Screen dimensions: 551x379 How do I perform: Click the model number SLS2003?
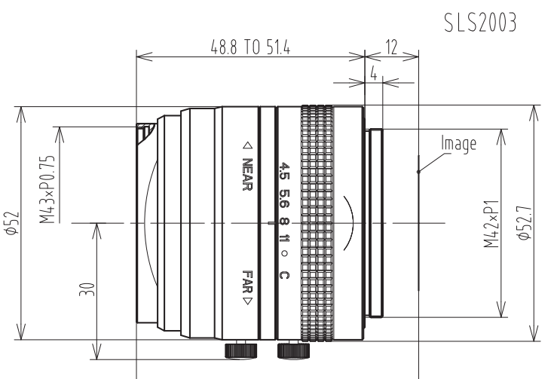[x=480, y=23]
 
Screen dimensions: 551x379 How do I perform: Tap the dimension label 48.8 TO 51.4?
[x=250, y=47]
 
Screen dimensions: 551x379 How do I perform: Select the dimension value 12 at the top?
[x=391, y=47]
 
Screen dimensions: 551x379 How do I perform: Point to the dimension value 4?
[x=374, y=74]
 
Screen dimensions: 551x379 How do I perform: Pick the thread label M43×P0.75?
[x=47, y=189]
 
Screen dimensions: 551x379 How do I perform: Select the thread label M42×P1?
[x=491, y=224]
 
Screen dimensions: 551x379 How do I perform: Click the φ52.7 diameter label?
[x=525, y=223]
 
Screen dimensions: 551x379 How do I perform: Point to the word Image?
[x=458, y=144]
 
